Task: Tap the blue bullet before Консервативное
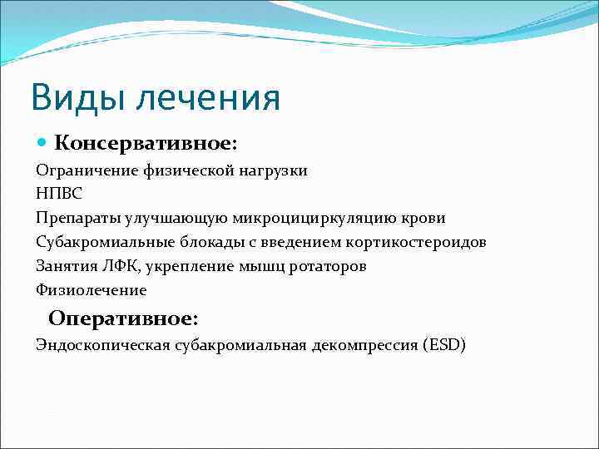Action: point(42,143)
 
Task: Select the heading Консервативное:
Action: point(146,144)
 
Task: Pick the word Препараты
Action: point(77,218)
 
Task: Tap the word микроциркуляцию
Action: point(309,218)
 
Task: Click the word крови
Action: point(423,218)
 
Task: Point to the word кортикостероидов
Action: point(418,242)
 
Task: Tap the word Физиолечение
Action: point(91,290)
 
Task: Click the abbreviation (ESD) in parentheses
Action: point(446,344)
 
